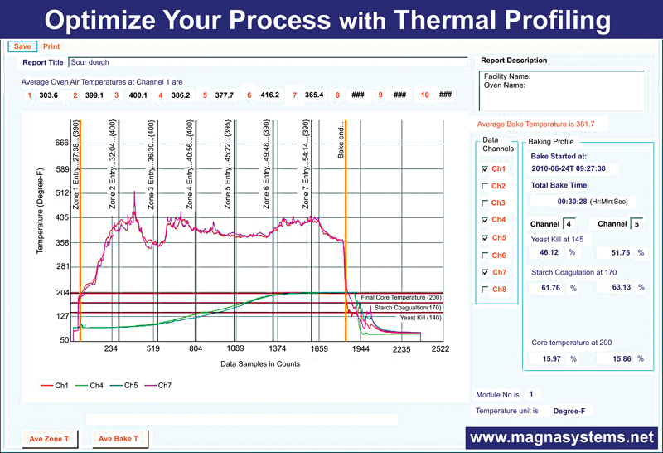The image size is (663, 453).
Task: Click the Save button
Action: point(22,46)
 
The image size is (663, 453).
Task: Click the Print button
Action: point(51,46)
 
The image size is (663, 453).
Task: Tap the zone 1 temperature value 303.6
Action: point(49,95)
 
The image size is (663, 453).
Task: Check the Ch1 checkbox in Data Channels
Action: point(484,168)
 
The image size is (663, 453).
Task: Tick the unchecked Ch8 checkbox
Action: point(484,289)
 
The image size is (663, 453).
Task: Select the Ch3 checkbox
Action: point(484,202)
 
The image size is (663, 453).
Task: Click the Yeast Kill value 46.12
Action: point(548,251)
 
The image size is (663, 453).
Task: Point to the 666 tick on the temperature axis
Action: point(56,143)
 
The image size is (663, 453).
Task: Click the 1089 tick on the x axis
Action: point(235,349)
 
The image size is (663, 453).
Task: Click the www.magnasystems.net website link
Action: point(560,437)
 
